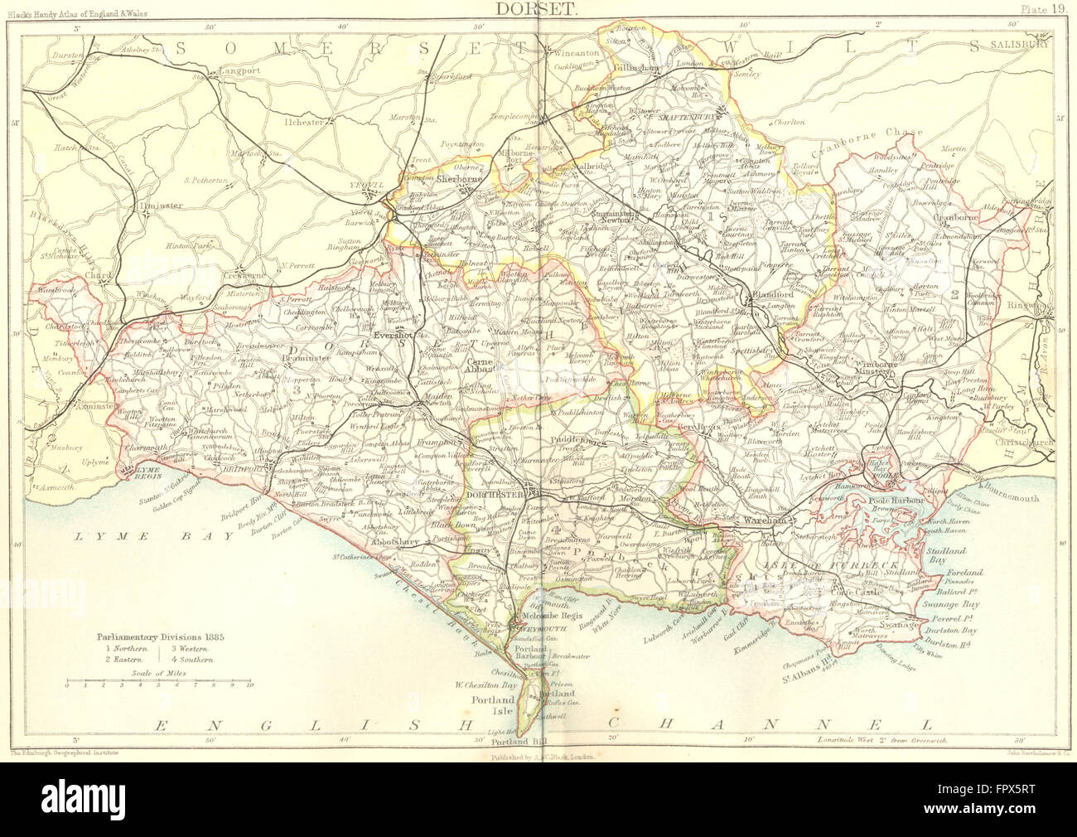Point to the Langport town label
tap(239, 71)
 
